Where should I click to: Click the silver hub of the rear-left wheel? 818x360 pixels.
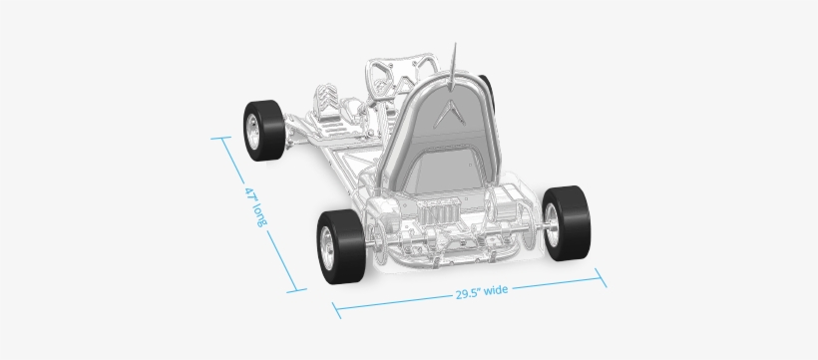coord(327,242)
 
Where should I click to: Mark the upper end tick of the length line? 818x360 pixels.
coord(218,140)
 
